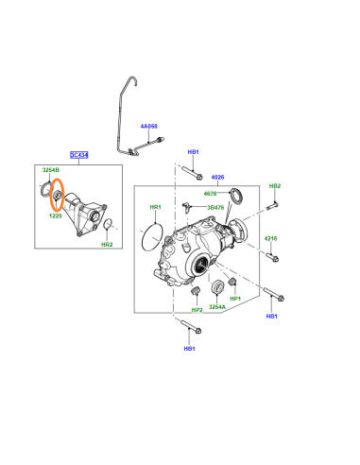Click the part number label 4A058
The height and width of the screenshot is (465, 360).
(148, 127)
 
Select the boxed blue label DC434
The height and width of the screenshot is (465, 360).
(79, 155)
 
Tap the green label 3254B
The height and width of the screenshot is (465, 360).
(51, 170)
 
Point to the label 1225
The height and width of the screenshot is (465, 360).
(56, 215)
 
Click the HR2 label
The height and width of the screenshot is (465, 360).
(107, 245)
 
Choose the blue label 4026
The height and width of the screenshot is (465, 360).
(217, 178)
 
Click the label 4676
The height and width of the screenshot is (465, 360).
(211, 194)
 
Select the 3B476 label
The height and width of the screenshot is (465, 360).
(215, 208)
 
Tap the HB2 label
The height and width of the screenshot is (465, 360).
(275, 186)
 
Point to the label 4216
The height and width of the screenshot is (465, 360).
(271, 238)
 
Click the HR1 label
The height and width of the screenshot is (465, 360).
(155, 207)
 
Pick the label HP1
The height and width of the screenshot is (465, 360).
(235, 299)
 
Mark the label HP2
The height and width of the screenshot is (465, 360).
(197, 310)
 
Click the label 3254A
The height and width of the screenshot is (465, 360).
(217, 307)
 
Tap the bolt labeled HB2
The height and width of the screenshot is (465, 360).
(272, 206)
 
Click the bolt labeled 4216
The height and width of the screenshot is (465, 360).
(273, 257)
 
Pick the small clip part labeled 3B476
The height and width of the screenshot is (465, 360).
(185, 208)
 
